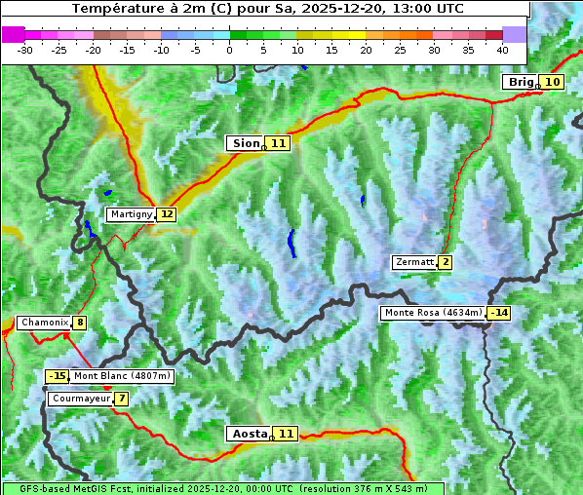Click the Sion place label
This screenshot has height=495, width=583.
pyautogui.click(x=244, y=143)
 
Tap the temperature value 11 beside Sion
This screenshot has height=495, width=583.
pyautogui.click(x=279, y=143)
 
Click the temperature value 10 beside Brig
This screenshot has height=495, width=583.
pyautogui.click(x=552, y=82)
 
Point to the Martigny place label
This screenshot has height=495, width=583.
pyautogui.click(x=131, y=214)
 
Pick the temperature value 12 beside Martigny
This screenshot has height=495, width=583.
pyautogui.click(x=167, y=214)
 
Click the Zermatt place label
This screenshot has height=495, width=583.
pyautogui.click(x=414, y=262)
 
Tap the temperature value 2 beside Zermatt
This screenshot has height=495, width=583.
pyautogui.click(x=446, y=262)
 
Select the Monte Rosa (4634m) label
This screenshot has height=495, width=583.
pyautogui.click(x=433, y=313)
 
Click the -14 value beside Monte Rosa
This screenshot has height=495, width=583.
pyautogui.click(x=500, y=313)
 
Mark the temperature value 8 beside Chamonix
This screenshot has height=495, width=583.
pyautogui.click(x=79, y=323)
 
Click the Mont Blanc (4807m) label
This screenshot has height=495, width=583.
pyautogui.click(x=122, y=376)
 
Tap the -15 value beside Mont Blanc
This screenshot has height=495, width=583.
pyautogui.click(x=57, y=376)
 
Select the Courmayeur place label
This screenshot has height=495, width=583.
pyautogui.click(x=80, y=399)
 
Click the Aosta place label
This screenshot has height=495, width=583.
pyautogui.click(x=248, y=434)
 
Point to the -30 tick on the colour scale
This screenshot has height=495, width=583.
pyautogui.click(x=25, y=49)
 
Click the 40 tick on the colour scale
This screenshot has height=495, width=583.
pyautogui.click(x=502, y=49)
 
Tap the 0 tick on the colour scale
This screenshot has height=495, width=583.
pyautogui.click(x=229, y=49)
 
